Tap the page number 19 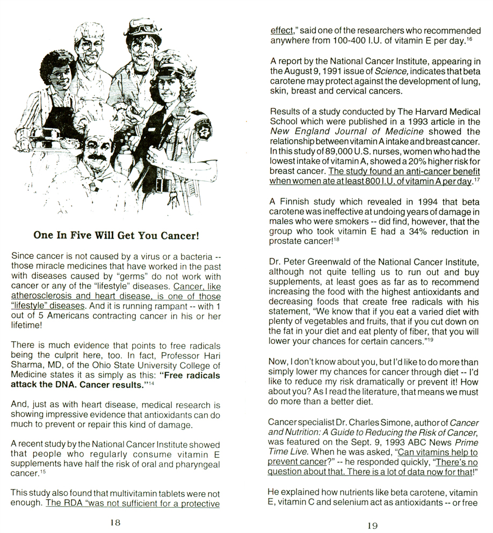pos(373,525)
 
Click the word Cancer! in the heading pos(177,235)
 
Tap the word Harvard pos(421,111)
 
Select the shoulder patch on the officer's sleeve pos(205,127)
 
